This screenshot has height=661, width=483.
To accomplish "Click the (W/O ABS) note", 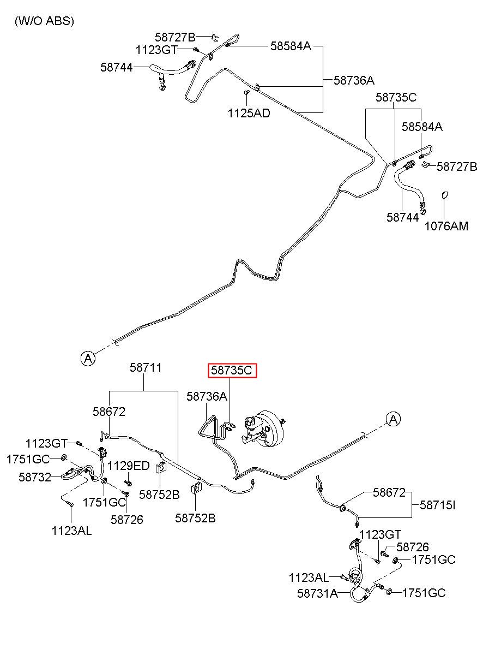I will click(x=44, y=21).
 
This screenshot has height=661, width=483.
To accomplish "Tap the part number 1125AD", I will click(x=249, y=114).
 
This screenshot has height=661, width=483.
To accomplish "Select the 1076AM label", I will click(x=446, y=225).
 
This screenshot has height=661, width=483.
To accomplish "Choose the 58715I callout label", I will click(x=437, y=505).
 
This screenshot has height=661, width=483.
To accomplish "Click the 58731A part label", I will click(x=317, y=593).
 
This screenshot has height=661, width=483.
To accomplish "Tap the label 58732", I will click(x=34, y=477).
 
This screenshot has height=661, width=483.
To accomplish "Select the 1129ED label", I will click(x=128, y=466).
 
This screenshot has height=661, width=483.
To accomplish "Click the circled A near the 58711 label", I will click(x=88, y=358).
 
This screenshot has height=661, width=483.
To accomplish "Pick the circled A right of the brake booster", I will click(x=394, y=419).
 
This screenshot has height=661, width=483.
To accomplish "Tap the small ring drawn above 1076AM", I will click(x=444, y=195).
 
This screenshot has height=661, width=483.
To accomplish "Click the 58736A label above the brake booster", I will click(x=207, y=397).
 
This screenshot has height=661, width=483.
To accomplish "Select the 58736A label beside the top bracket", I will click(x=354, y=80).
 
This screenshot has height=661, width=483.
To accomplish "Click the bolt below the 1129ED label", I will click(x=129, y=483).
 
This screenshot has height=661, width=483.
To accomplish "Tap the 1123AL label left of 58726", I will click(x=71, y=530).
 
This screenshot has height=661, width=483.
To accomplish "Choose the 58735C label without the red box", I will click(x=396, y=98).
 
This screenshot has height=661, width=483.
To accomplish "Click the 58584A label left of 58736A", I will click(x=291, y=46).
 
